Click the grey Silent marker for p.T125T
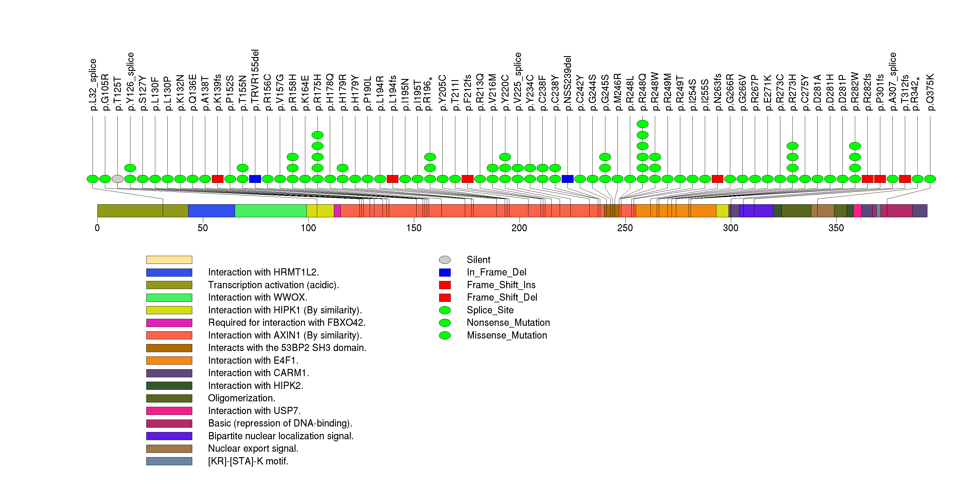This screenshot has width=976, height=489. [117, 179]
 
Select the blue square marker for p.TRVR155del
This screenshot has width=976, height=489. [255, 179]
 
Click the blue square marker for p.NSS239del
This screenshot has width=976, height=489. [567, 179]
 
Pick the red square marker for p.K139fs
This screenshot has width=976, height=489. [217, 179]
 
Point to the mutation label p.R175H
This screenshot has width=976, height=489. [317, 92]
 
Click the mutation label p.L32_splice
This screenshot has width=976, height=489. [93, 85]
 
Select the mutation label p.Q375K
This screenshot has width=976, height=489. [930, 92]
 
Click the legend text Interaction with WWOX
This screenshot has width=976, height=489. [257, 297]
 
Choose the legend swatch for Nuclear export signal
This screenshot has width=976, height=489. [169, 449]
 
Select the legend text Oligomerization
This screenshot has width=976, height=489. [241, 398]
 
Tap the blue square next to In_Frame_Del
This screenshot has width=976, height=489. [445, 273]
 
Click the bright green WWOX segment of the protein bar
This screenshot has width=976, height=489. [271, 211]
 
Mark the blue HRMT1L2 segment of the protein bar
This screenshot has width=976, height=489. [211, 211]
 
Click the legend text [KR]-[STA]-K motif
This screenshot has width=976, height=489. [248, 461]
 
